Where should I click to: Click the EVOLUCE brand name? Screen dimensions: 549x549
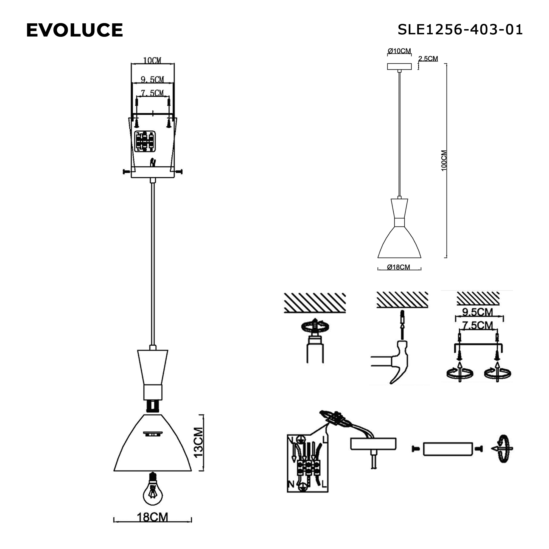point(74,30)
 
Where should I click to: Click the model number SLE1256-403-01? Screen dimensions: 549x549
point(460,30)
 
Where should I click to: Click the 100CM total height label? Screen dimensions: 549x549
point(444,161)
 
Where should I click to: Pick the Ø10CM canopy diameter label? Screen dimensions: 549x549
point(399,51)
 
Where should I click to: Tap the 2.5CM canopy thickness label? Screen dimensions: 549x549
point(428,58)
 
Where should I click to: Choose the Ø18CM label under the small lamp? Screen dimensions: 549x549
point(399,267)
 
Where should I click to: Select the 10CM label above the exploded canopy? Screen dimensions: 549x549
point(152,60)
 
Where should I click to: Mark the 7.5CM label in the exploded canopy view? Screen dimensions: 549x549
point(153,93)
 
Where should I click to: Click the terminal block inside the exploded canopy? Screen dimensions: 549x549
point(145,141)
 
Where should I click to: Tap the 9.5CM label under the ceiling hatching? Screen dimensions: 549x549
point(477,312)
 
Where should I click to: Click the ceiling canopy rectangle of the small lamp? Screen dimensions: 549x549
point(399,66)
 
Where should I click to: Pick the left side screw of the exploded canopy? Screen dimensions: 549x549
point(126,171)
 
